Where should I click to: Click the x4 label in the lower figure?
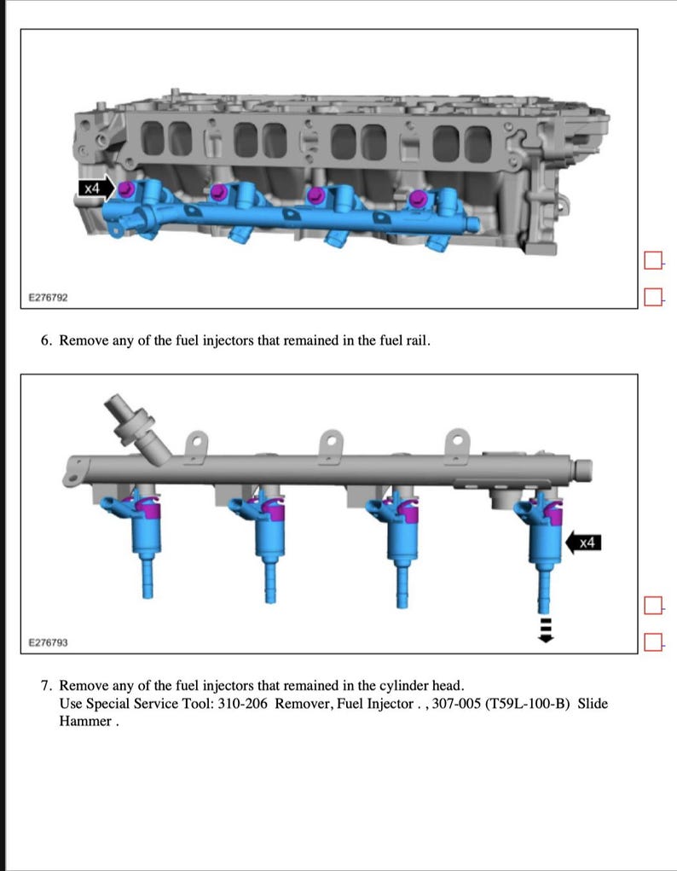(587, 543)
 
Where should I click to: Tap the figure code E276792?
(48, 298)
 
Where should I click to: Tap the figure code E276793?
(48, 642)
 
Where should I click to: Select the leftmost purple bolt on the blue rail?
(125, 189)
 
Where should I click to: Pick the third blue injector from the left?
(397, 537)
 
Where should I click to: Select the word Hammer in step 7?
(84, 721)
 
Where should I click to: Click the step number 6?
(46, 340)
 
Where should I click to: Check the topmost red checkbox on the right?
(653, 260)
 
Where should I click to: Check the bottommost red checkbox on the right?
(653, 641)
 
